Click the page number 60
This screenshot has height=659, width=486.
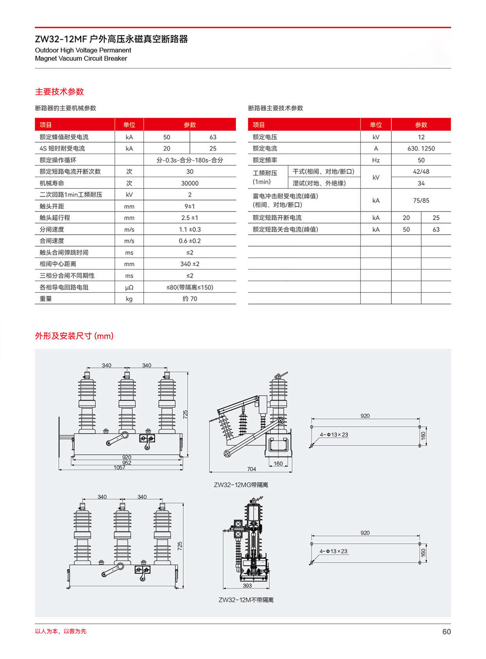(x=446, y=631)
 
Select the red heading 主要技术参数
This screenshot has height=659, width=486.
(x=59, y=91)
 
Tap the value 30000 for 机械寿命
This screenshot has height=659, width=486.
(x=190, y=183)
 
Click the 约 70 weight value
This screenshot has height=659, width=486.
(x=190, y=299)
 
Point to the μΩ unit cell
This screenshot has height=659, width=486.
(x=129, y=287)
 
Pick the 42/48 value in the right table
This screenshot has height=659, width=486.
(x=421, y=172)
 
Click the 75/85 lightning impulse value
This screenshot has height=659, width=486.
(x=421, y=200)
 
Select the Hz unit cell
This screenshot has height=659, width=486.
(x=376, y=160)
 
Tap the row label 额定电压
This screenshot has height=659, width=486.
(x=265, y=137)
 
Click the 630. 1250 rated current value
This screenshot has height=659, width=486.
(x=421, y=148)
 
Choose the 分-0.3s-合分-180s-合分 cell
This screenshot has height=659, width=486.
(x=190, y=160)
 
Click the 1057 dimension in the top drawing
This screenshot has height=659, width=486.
(x=120, y=468)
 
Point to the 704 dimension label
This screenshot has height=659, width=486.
(x=251, y=469)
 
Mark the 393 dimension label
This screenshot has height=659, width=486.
(x=247, y=586)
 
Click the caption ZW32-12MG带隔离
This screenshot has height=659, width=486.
(x=241, y=485)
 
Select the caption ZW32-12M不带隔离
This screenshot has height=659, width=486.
(x=246, y=600)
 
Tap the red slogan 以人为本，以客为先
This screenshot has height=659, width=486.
(x=61, y=631)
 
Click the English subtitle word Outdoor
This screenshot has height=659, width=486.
(x=47, y=50)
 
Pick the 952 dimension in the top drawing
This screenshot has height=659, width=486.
(x=127, y=463)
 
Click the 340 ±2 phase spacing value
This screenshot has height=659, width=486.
(x=190, y=264)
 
